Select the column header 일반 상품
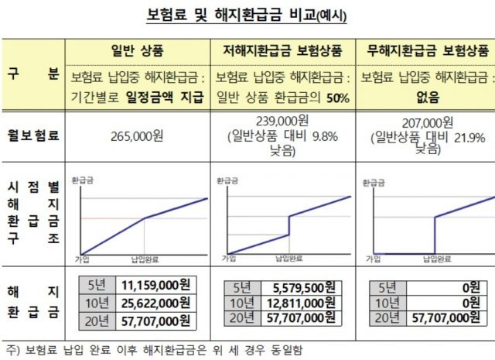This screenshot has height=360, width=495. point(138,50)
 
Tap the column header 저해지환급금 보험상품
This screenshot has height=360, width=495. point(282,50)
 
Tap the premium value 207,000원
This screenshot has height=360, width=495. point(428,122)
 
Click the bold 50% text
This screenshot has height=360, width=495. point(337,98)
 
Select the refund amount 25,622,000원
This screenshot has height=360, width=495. point(155,302)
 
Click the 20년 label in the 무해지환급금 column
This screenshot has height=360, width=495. point(382,317)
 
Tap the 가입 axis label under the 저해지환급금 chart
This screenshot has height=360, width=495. point(228,258)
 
